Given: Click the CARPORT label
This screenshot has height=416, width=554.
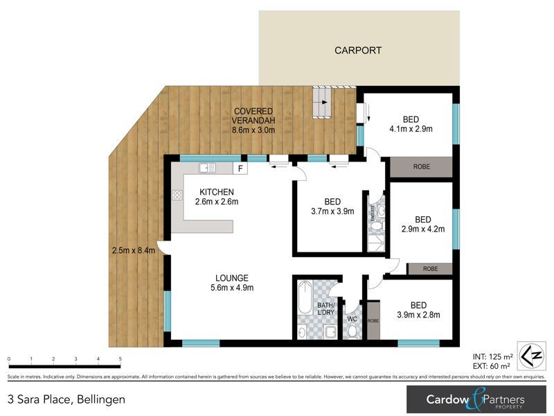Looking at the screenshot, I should click(x=357, y=51).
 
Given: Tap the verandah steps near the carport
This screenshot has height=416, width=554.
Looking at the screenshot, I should click(x=323, y=103).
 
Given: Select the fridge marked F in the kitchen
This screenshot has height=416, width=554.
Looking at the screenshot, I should click(x=240, y=168).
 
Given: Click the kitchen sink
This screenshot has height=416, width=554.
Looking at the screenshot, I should click(x=207, y=168).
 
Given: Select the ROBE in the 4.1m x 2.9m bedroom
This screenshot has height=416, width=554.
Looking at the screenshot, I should click(x=420, y=167).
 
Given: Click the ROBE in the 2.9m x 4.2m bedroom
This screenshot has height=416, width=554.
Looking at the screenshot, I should click(x=429, y=268).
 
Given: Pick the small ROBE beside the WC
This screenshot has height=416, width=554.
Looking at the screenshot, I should click(x=373, y=321).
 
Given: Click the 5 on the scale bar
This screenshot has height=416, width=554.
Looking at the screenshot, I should click(x=120, y=359).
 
